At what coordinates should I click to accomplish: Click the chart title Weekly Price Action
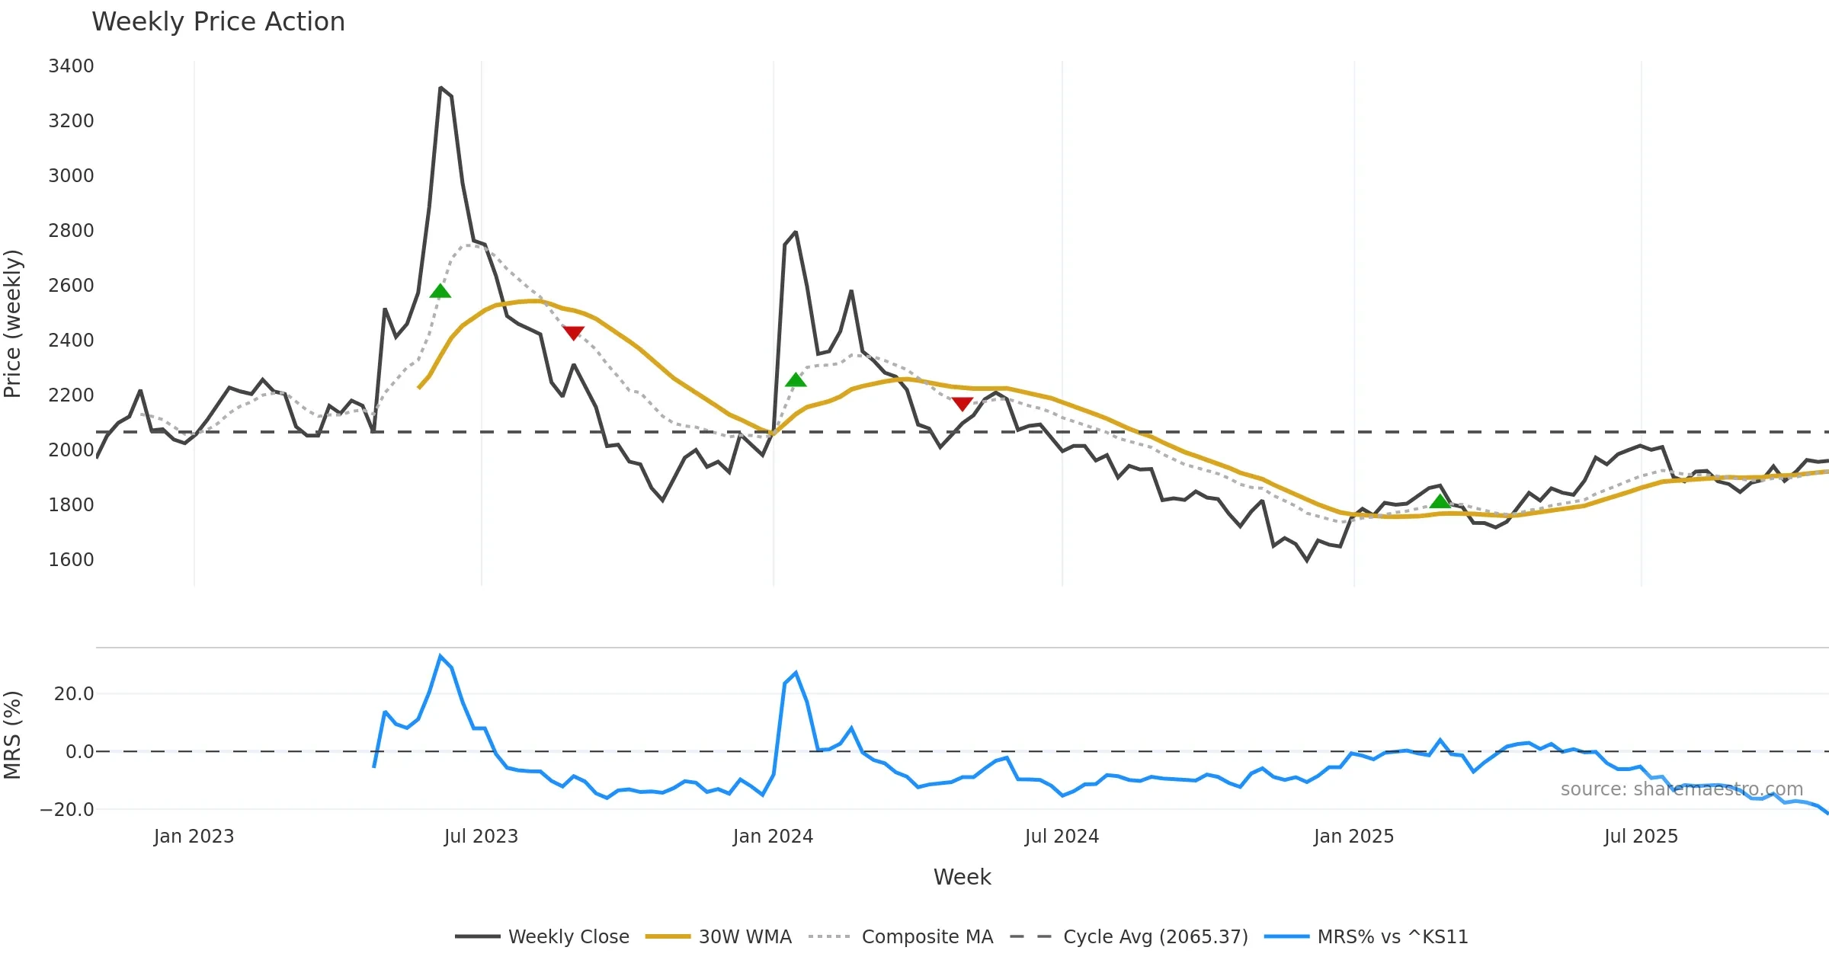click(218, 22)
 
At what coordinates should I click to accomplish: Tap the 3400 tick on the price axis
click(71, 66)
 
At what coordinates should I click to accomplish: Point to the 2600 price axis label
click(71, 286)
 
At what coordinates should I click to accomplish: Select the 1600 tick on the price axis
click(71, 560)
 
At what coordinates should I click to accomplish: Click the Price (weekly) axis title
click(13, 324)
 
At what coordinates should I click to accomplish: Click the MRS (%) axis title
click(13, 735)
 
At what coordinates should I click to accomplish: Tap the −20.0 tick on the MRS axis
click(67, 810)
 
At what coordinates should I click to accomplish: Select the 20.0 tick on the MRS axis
click(74, 694)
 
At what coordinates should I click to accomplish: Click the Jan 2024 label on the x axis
click(773, 837)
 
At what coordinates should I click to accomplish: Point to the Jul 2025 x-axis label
click(1641, 837)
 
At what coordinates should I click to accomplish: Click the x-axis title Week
click(962, 878)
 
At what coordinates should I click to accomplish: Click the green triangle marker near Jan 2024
click(796, 380)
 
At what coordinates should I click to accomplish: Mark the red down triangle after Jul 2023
click(573, 333)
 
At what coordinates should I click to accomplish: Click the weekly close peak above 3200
click(440, 88)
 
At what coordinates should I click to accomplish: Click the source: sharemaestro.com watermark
click(1681, 789)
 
